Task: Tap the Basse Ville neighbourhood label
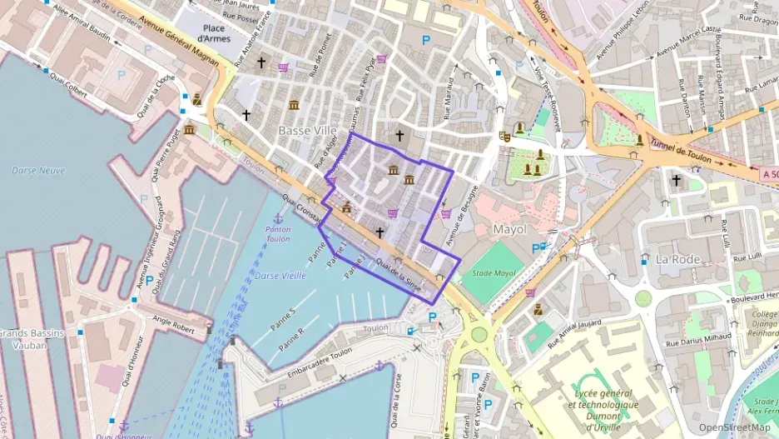click(x=307, y=131)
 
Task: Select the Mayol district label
click(x=510, y=228)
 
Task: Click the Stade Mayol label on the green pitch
click(x=493, y=273)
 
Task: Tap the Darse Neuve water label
click(x=38, y=170)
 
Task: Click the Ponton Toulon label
click(x=279, y=233)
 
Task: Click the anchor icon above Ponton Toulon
click(x=279, y=217)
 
